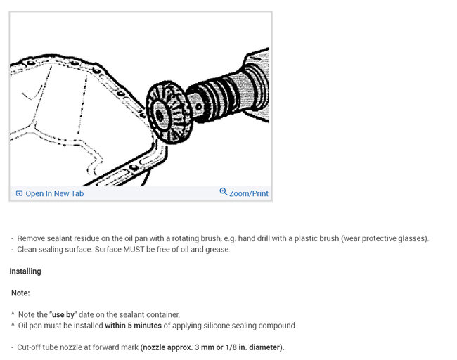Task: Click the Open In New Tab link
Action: point(54,193)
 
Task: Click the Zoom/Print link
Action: point(248,193)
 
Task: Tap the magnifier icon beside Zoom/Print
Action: point(224,192)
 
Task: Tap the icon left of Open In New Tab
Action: point(19,193)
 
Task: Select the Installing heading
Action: point(25,271)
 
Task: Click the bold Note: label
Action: point(20,292)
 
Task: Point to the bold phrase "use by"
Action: point(63,314)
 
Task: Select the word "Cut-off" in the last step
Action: point(29,347)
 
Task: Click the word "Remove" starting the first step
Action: point(31,238)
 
